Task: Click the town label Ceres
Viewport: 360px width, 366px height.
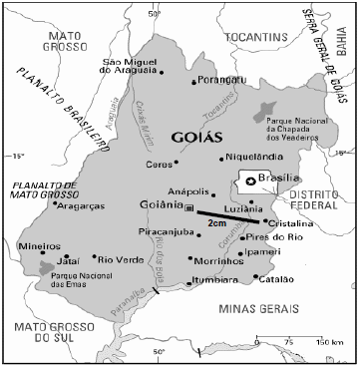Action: coord(160,164)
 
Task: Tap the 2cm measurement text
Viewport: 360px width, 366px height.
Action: coord(217,226)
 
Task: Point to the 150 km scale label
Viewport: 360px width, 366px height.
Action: coord(329,342)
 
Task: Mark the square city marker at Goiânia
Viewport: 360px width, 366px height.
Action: coord(189,207)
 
